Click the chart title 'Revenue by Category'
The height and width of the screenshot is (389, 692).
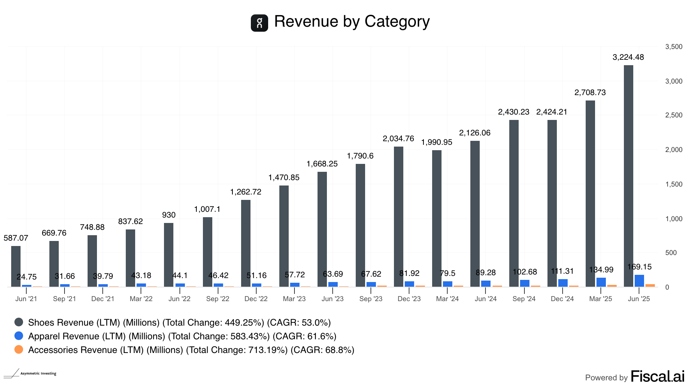[x=352, y=22]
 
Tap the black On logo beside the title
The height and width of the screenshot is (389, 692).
[x=259, y=23]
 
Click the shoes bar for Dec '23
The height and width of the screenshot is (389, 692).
[x=398, y=216]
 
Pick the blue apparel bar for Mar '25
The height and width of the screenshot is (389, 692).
[x=601, y=282]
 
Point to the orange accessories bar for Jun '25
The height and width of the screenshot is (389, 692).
[x=650, y=286]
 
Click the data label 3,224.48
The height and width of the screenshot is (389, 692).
[x=628, y=57]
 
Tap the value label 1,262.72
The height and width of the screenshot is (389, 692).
[x=245, y=192]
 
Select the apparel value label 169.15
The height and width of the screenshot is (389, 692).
[x=639, y=267]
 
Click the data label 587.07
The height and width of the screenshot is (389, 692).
[x=16, y=238]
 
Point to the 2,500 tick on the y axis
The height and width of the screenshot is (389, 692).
[x=674, y=115]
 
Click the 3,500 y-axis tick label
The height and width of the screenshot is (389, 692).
[x=674, y=47]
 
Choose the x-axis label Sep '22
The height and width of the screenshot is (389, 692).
[x=218, y=299]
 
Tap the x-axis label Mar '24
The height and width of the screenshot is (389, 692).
[x=447, y=299]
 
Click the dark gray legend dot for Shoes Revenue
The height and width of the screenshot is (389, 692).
[x=19, y=322]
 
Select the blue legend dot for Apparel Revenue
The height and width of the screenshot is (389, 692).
[x=19, y=336]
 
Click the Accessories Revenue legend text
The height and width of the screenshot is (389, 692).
[x=191, y=350]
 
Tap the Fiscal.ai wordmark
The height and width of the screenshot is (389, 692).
[x=657, y=377]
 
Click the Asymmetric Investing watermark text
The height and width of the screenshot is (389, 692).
[x=38, y=374]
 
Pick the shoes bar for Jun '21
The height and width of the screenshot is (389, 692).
[x=16, y=266]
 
